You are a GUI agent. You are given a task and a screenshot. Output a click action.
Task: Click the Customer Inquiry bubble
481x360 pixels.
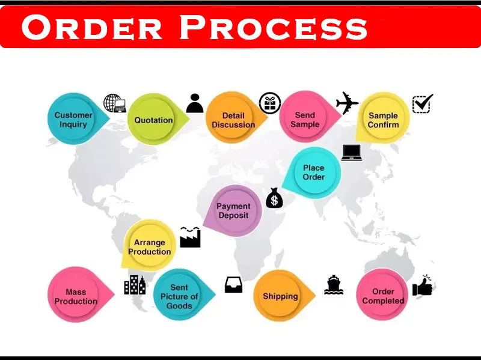click(73, 119)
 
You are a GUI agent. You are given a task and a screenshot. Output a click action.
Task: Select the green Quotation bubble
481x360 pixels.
click(153, 120)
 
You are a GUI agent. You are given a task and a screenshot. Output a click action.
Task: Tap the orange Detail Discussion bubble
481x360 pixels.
click(233, 120)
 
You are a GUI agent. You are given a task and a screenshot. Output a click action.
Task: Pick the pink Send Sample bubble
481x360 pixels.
click(305, 119)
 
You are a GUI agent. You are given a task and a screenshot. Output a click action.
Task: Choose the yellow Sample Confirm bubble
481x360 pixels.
click(383, 120)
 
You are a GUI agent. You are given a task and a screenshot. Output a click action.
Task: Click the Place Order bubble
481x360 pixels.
click(314, 172)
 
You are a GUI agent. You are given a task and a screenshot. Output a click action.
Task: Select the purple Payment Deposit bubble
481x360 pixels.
click(233, 211)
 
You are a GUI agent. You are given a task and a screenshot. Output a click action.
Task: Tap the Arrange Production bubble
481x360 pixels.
click(149, 246)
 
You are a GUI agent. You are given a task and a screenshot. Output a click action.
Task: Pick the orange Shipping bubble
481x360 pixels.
click(280, 296)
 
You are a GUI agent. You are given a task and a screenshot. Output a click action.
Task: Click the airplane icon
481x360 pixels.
click(347, 103)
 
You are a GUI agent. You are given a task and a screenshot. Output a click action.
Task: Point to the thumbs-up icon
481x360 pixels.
click(423, 286)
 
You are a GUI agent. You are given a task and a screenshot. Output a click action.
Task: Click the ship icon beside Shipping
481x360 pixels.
click(334, 284)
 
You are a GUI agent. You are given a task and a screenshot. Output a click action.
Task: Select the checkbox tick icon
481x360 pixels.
click(422, 103)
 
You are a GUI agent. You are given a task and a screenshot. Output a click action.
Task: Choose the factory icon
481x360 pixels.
click(190, 237)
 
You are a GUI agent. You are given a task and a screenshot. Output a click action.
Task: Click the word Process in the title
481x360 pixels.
click(274, 28)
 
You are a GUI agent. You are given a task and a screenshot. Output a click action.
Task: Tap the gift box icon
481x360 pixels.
click(270, 103)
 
